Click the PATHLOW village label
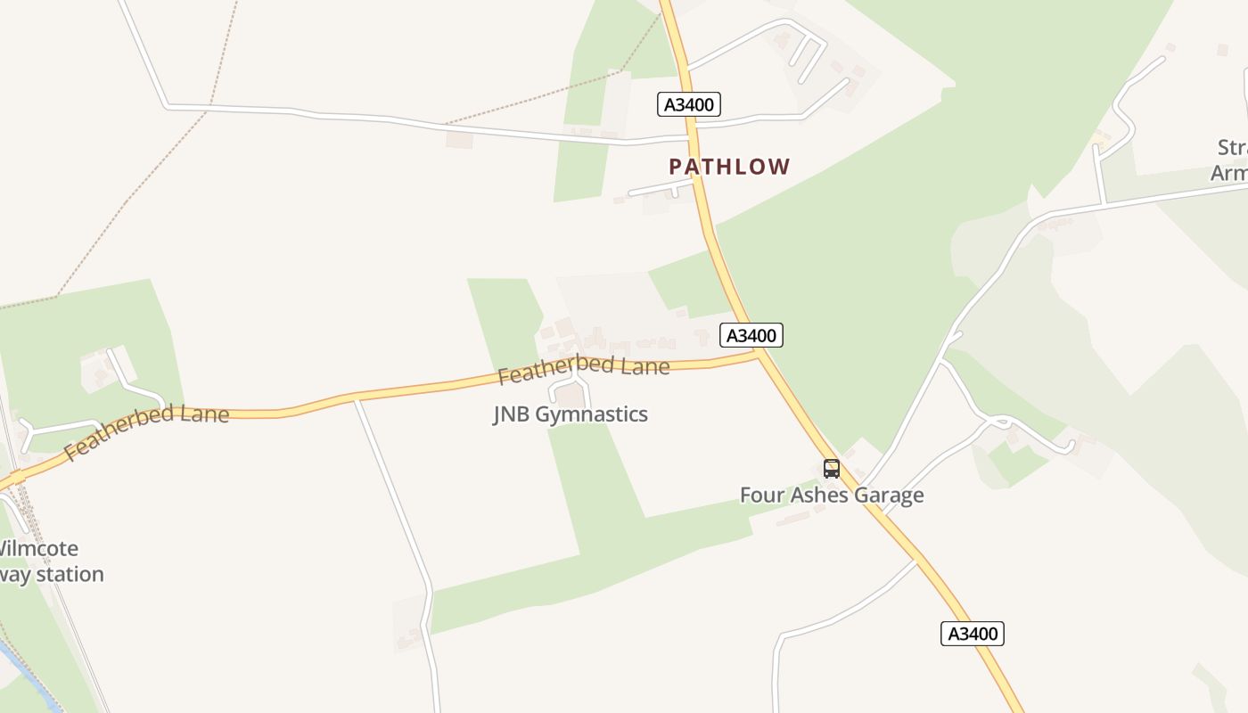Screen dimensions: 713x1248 pyautogui.click(x=729, y=167)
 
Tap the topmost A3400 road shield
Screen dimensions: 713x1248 pyautogui.click(x=689, y=104)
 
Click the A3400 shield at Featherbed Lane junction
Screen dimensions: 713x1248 pyautogui.click(x=751, y=335)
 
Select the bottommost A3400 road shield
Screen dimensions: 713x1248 pyautogui.click(x=973, y=634)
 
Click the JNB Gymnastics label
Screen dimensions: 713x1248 pyautogui.click(x=571, y=414)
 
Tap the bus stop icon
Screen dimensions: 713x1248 pyautogui.click(x=832, y=468)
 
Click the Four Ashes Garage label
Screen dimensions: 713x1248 pyautogui.click(x=832, y=495)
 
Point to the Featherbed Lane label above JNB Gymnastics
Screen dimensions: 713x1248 pyautogui.click(x=584, y=367)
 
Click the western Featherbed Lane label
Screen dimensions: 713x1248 pyautogui.click(x=147, y=431)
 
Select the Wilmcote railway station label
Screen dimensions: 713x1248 pyautogui.click(x=49, y=561)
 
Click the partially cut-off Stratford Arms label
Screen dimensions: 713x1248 pyautogui.click(x=1230, y=160)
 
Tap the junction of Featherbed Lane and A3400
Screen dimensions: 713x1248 pyautogui.click(x=759, y=353)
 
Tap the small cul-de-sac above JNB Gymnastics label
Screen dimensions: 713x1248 pyautogui.click(x=571, y=388)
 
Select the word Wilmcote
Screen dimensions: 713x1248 pyautogui.click(x=40, y=548)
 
